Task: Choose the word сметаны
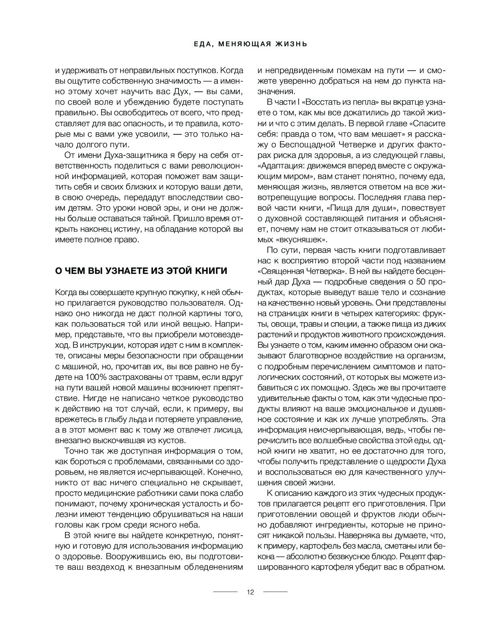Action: (x=395, y=546)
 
